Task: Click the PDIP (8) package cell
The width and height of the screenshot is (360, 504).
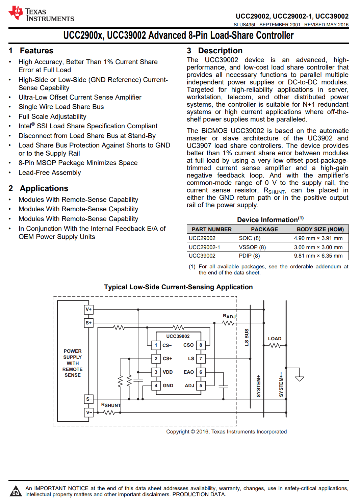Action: tap(249, 256)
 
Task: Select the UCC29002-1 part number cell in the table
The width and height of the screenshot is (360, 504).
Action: tap(204, 247)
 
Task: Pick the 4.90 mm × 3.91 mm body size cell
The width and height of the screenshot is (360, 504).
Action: tap(318, 238)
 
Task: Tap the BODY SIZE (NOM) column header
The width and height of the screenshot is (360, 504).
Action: tap(320, 230)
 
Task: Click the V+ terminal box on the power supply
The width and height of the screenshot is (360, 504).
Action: tap(88, 309)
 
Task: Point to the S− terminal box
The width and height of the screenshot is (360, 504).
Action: tap(88, 399)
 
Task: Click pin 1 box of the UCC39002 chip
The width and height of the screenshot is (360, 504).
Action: tap(156, 345)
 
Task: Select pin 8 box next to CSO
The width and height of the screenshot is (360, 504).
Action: tap(201, 345)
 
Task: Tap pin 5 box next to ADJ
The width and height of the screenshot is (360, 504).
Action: tap(201, 386)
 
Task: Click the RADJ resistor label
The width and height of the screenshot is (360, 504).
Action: tap(229, 316)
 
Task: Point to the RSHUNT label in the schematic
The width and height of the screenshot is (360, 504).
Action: tap(110, 405)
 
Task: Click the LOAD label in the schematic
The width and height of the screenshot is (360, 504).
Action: tap(275, 339)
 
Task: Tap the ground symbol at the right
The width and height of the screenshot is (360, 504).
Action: tap(299, 378)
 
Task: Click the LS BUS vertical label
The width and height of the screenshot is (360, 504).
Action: tap(247, 337)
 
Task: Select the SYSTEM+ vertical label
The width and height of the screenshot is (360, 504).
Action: tap(259, 386)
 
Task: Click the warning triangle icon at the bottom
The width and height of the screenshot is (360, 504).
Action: tap(16, 491)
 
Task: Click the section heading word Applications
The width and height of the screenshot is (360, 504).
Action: tap(44, 188)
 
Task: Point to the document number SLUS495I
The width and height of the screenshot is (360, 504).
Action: tap(245, 25)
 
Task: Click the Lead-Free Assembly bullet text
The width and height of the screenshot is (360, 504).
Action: tap(50, 173)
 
